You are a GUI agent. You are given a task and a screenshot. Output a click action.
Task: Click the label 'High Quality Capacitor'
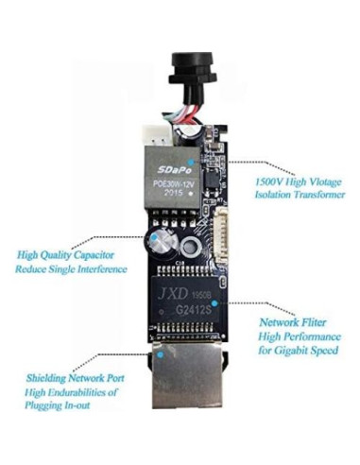pyautogui.click(x=71, y=254)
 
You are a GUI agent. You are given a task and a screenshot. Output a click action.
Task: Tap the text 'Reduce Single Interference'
pyautogui.click(x=71, y=269)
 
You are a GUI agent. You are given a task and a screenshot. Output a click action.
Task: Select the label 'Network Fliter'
pyautogui.click(x=292, y=320)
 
